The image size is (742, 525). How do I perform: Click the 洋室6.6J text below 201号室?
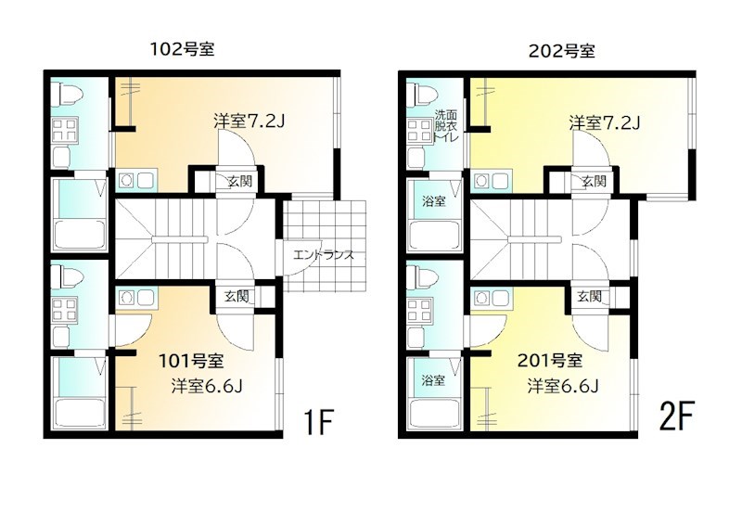pyautogui.click(x=562, y=386)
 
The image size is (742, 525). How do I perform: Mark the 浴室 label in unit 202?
pyautogui.click(x=433, y=201)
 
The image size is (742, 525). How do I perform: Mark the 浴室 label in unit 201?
pyautogui.click(x=431, y=380)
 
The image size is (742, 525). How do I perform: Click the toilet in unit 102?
pyautogui.click(x=66, y=94)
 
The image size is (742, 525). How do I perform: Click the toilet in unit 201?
pyautogui.click(x=422, y=277)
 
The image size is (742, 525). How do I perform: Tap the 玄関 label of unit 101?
pyautogui.click(x=236, y=297)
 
